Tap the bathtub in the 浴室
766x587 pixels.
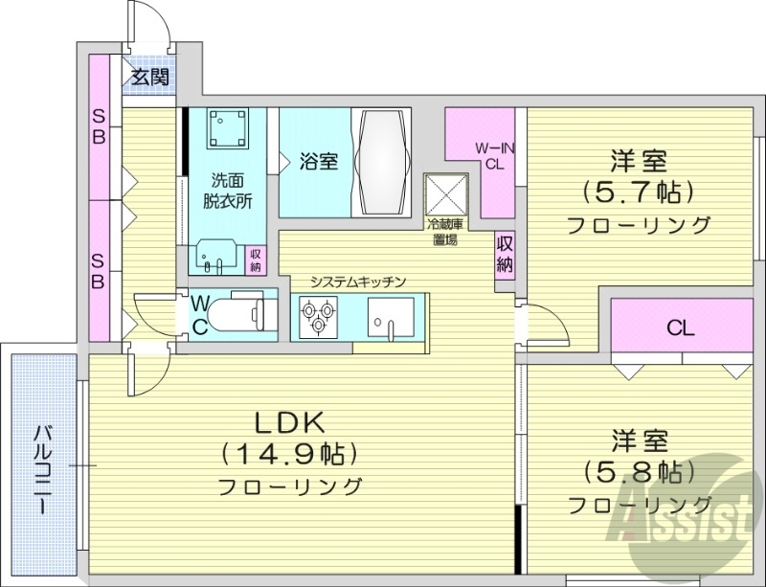[x=382, y=163]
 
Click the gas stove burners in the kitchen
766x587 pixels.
[x=316, y=317]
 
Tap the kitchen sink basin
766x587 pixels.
[x=391, y=316]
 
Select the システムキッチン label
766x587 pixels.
[x=359, y=282]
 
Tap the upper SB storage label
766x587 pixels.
[x=99, y=125]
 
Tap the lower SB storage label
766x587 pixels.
[x=99, y=270]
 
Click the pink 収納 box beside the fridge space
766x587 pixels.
[x=505, y=253]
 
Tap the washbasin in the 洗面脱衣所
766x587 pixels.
[x=217, y=255]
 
